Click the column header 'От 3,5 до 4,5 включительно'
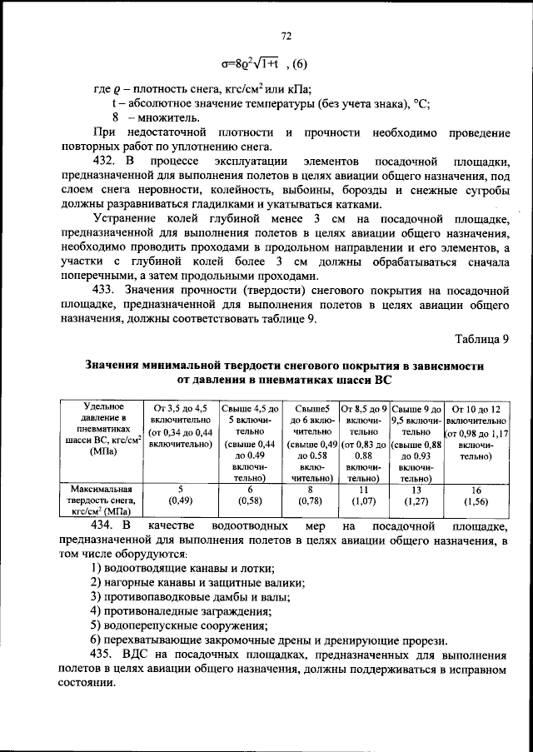181,426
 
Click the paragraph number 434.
104,526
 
